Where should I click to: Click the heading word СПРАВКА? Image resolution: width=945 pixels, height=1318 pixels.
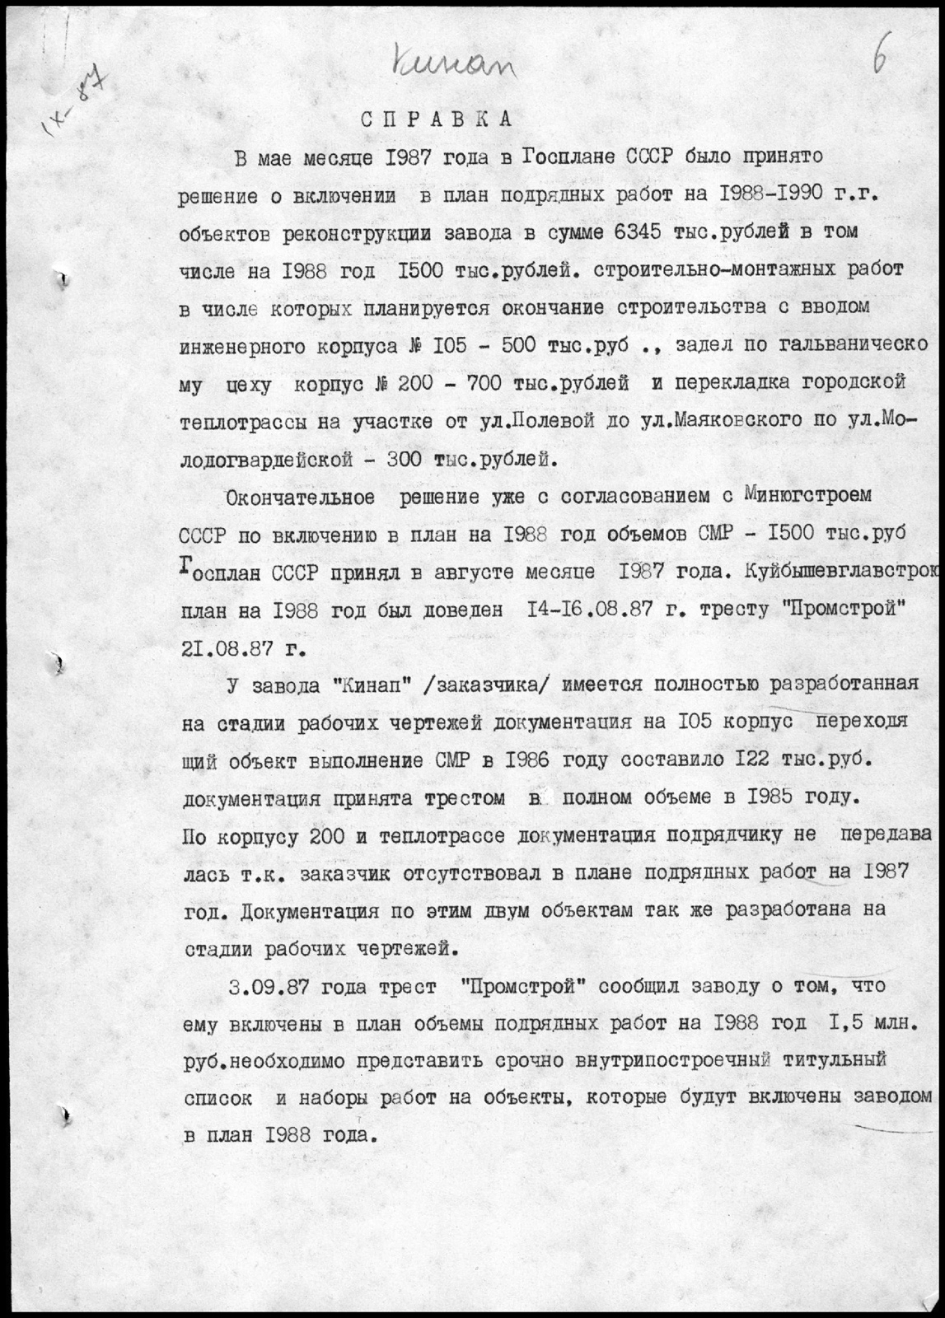[x=437, y=118]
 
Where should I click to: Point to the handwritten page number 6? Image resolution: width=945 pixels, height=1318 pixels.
[x=882, y=62]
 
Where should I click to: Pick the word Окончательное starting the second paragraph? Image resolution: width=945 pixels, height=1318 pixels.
[x=299, y=498]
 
